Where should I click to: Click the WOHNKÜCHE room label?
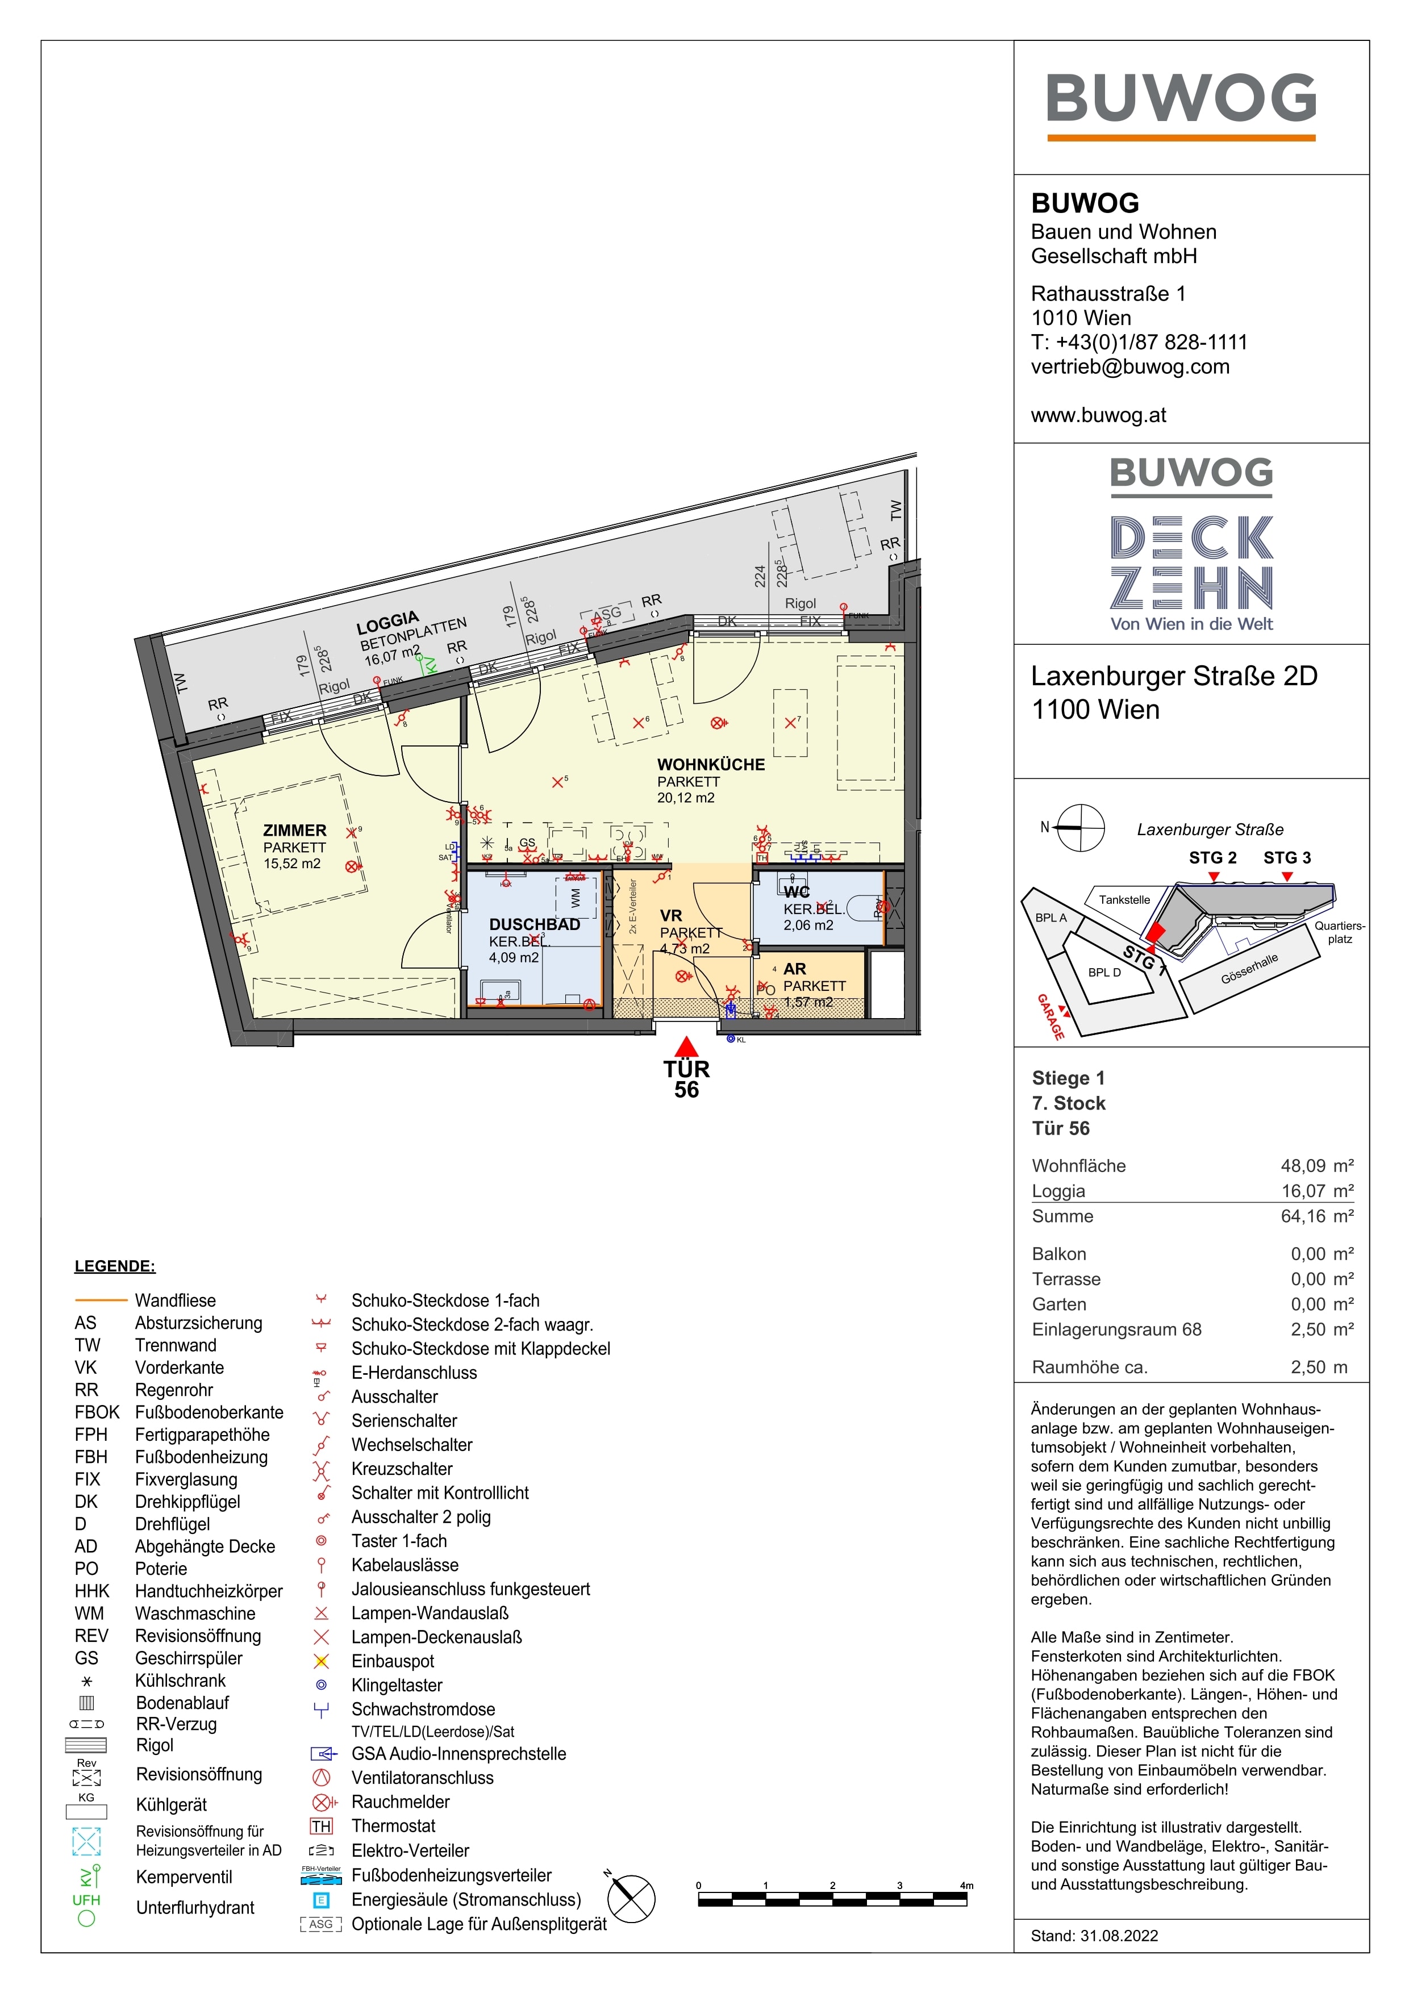click(711, 765)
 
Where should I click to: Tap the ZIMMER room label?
click(295, 831)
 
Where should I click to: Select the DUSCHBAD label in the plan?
click(534, 924)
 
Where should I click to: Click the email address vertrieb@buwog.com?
click(1129, 366)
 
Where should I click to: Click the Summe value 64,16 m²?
click(1316, 1216)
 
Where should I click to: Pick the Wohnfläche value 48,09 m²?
click(1316, 1166)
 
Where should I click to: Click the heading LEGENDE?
click(115, 1266)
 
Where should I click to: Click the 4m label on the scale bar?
click(966, 1886)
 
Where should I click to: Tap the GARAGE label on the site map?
click(1051, 1016)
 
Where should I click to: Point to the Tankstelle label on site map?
click(1124, 899)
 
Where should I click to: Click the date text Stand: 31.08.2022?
click(1094, 1936)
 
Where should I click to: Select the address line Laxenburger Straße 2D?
click(1174, 676)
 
